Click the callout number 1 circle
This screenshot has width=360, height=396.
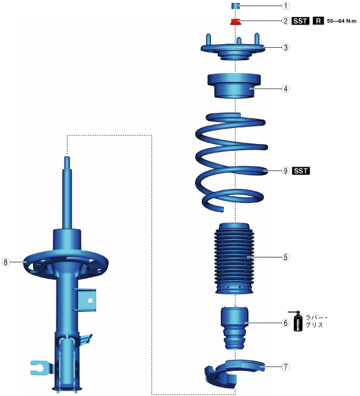pyautogui.click(x=285, y=6)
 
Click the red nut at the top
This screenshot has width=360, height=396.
pyautogui.click(x=236, y=21)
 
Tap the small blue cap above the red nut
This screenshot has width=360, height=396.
pyautogui.click(x=236, y=6)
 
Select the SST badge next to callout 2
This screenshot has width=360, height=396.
pyautogui.click(x=301, y=21)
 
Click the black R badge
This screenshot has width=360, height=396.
pyautogui.click(x=318, y=21)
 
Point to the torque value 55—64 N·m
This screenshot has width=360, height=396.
pyautogui.click(x=342, y=21)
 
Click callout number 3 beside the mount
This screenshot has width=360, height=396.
pyautogui.click(x=285, y=47)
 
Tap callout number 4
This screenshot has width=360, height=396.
pyautogui.click(x=285, y=89)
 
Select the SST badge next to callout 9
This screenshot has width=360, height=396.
pyautogui.click(x=301, y=171)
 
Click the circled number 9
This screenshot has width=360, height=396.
pyautogui.click(x=285, y=171)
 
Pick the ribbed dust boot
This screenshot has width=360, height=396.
pyautogui.click(x=234, y=258)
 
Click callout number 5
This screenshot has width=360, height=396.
pyautogui.click(x=285, y=257)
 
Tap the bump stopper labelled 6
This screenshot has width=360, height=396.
pyautogui.click(x=234, y=327)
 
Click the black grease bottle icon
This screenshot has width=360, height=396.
pyautogui.click(x=297, y=321)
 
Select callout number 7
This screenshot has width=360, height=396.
pyautogui.click(x=285, y=367)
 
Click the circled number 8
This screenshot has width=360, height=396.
pyautogui.click(x=6, y=262)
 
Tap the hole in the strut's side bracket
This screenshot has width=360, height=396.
pyautogui.click(x=90, y=300)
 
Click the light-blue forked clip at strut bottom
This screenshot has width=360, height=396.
pyautogui.click(x=40, y=368)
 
